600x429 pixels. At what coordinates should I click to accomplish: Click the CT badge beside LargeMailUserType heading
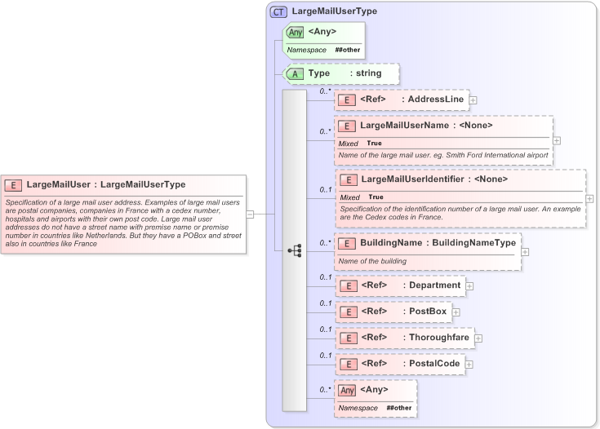point(279,11)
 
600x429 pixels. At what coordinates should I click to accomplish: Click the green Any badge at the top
point(296,33)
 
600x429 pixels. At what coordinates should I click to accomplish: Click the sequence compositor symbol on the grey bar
point(295,250)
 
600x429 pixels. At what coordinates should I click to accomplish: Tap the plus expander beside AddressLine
point(473,100)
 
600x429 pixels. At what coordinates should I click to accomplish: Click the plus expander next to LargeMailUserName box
point(557,140)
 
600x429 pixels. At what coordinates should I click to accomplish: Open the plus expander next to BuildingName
point(525,251)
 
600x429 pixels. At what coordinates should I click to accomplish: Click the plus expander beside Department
point(470,286)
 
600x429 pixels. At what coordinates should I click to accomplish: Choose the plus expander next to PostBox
point(456,312)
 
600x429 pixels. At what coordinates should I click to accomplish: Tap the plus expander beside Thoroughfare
point(478,338)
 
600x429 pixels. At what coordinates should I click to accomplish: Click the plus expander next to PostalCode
point(469,364)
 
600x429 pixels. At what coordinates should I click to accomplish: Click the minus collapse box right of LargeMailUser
point(250,214)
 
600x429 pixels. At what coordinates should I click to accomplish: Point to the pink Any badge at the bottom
point(348,390)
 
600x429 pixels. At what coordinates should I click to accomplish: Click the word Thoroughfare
point(440,338)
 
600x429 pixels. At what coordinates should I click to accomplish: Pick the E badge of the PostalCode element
point(348,364)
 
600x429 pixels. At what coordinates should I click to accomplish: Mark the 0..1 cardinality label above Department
point(325,277)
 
